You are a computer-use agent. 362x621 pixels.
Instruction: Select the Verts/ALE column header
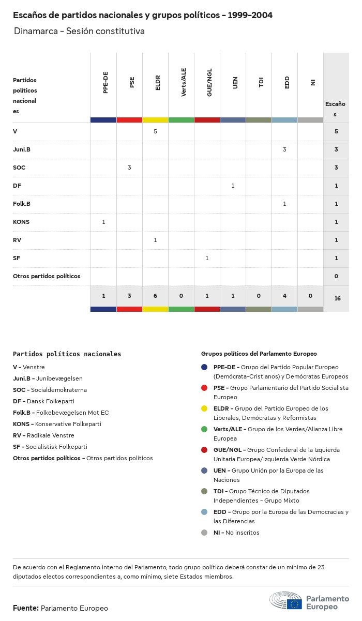pyautogui.click(x=184, y=82)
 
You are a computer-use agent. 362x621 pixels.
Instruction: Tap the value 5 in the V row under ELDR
pyautogui.click(x=155, y=131)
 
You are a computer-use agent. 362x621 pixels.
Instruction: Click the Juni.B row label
pyautogui.click(x=22, y=149)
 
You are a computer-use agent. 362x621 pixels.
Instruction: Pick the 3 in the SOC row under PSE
pyautogui.click(x=129, y=168)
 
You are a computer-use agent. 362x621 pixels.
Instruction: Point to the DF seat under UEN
pyautogui.click(x=233, y=186)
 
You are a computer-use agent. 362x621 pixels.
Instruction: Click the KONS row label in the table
pyautogui.click(x=21, y=222)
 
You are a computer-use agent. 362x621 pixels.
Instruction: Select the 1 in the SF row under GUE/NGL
pyautogui.click(x=207, y=258)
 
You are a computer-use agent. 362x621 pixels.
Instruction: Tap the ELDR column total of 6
pyautogui.click(x=155, y=296)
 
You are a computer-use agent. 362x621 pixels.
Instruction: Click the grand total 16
pyautogui.click(x=337, y=298)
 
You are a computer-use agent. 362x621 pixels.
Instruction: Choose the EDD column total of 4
pyautogui.click(x=284, y=296)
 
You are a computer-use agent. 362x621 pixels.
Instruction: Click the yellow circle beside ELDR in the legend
pyautogui.click(x=204, y=408)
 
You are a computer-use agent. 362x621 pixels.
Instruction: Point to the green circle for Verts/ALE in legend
pyautogui.click(x=204, y=429)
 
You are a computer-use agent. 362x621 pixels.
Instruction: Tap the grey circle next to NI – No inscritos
pyautogui.click(x=204, y=533)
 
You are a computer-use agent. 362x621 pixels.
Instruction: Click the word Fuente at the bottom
pyautogui.click(x=25, y=608)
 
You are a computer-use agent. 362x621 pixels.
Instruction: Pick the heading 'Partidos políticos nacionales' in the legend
pyautogui.click(x=67, y=354)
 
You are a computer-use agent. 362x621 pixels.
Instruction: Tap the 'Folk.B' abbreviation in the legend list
pyautogui.click(x=22, y=413)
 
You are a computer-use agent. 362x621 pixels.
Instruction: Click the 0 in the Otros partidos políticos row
pyautogui.click(x=336, y=276)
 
